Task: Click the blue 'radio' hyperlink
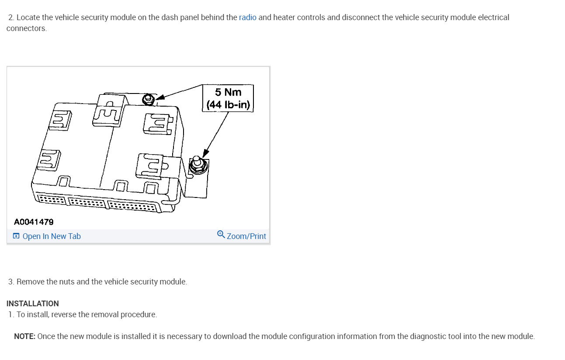(x=247, y=18)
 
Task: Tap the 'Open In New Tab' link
(x=51, y=236)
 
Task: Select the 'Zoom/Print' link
(x=246, y=236)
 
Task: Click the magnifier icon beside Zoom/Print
(x=221, y=235)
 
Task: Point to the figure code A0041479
(x=34, y=222)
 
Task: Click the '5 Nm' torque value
(x=228, y=92)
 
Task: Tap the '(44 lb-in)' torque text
(x=228, y=105)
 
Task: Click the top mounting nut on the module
(x=148, y=100)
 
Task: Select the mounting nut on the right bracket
(x=196, y=165)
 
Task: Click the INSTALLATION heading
(x=32, y=304)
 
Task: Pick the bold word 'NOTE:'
(x=24, y=336)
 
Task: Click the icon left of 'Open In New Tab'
(x=16, y=236)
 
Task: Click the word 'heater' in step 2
(x=284, y=18)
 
